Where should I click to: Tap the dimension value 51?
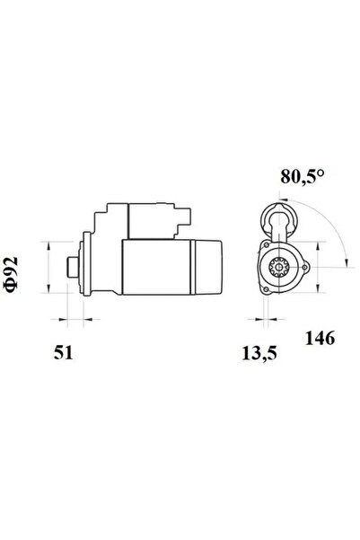[64, 353]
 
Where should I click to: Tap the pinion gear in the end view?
[278, 268]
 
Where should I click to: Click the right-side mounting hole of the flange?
[303, 267]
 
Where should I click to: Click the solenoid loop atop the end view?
[278, 217]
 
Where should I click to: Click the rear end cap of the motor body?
[206, 266]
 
